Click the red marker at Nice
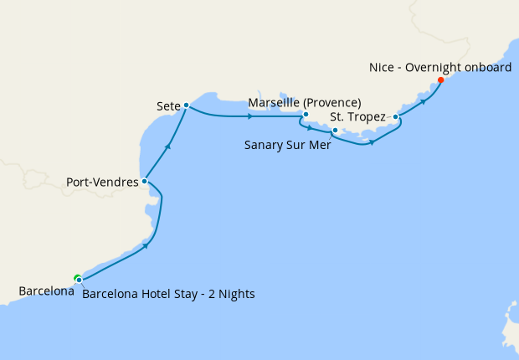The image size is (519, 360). click(440, 81)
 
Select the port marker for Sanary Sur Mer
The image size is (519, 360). click(334, 131)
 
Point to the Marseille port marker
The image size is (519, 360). click(306, 115)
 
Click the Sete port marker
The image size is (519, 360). click(186, 105)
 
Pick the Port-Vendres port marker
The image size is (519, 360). click(145, 180)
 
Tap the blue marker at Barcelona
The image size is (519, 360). click(79, 280)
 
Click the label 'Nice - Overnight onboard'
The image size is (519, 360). click(439, 67)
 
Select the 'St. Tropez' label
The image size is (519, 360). click(357, 116)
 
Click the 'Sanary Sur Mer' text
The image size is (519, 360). click(287, 144)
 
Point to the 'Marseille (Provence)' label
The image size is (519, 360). click(305, 103)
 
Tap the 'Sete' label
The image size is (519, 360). click(168, 106)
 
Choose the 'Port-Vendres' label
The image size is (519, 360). click(102, 180)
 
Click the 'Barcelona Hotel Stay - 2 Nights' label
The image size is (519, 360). click(168, 294)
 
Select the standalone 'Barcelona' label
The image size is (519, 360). click(46, 292)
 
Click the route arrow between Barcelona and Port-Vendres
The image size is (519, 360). click(146, 245)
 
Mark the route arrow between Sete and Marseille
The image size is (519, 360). click(251, 116)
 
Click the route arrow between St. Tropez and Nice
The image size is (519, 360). click(424, 100)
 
